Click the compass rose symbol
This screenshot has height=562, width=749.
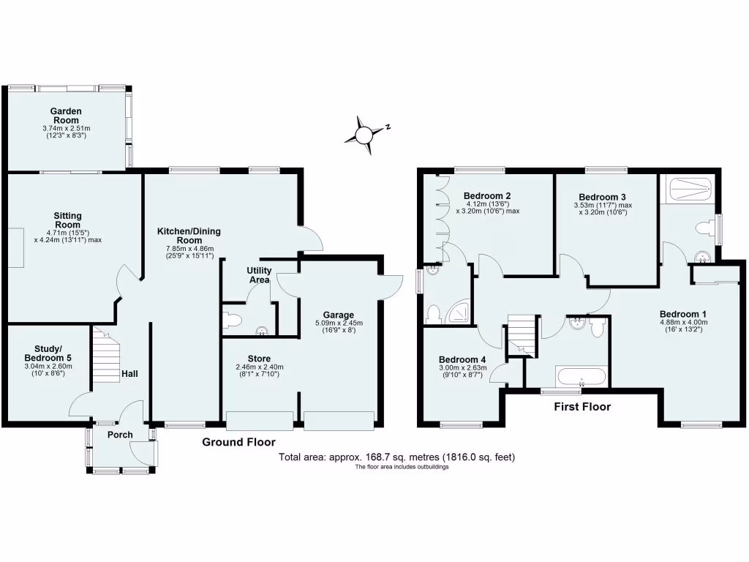364,134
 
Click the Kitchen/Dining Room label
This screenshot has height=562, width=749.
189,236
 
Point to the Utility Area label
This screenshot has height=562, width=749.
259,275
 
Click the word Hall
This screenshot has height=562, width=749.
130,374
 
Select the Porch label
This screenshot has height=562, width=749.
120,435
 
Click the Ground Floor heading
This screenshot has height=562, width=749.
238,442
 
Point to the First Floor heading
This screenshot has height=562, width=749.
581,407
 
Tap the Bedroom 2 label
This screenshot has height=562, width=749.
487,196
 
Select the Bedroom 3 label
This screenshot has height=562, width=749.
602,197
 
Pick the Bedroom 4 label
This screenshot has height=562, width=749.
462,359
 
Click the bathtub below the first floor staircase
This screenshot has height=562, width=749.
581,378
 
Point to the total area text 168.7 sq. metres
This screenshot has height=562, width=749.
397,457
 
